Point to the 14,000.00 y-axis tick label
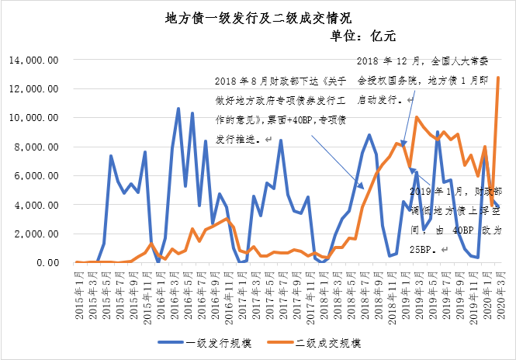[33, 60]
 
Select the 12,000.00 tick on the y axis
[33, 89]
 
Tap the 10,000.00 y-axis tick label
[33, 118]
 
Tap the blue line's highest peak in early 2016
[178, 108]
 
